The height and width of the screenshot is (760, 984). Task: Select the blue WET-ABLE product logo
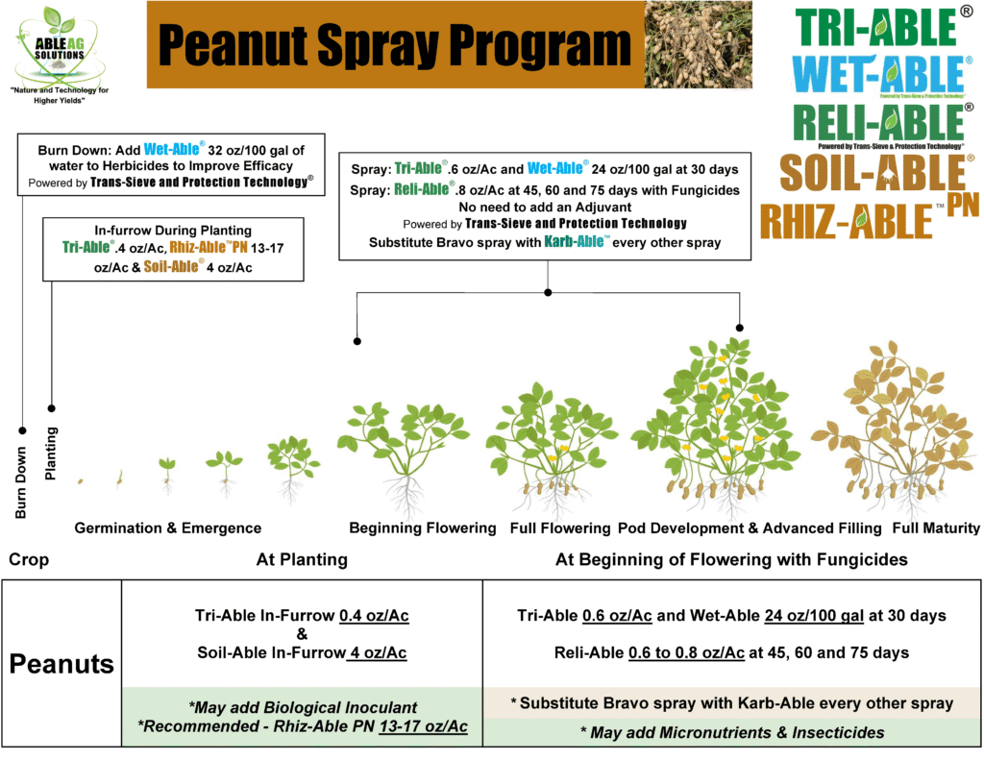876,76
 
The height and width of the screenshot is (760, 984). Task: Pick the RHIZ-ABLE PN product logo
861,218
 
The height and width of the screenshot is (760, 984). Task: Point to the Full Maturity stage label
935,527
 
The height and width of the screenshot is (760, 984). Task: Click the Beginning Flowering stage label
422,527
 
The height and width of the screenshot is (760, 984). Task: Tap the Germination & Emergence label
167,527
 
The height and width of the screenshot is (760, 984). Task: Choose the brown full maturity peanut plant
896,423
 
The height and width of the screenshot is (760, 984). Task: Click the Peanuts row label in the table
61,663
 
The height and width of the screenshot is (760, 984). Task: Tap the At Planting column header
302,559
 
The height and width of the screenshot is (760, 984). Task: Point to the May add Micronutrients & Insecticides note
731,732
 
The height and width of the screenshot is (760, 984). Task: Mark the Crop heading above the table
28,559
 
